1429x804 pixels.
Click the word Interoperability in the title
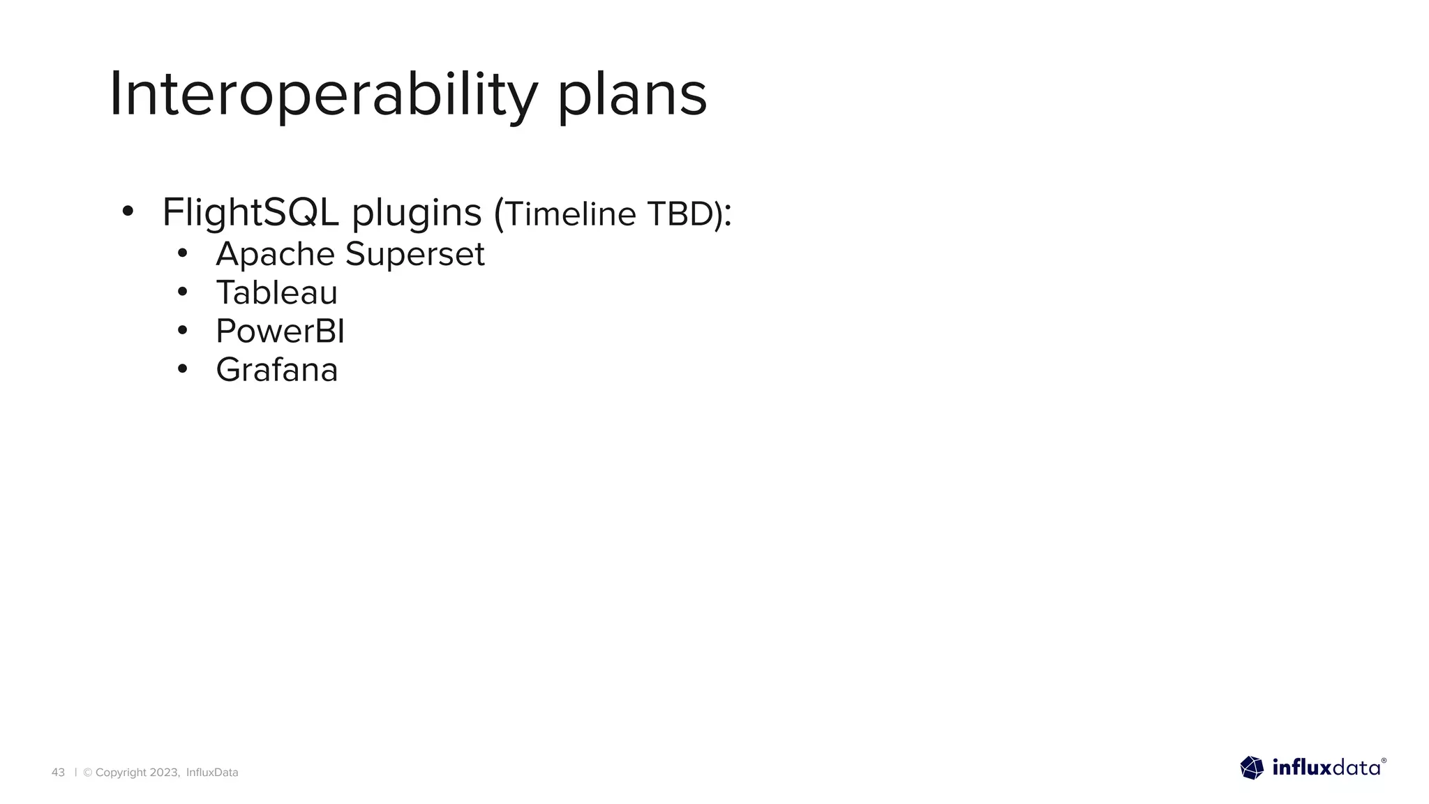coord(323,95)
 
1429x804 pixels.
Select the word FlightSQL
coord(250,212)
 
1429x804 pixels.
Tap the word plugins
coord(417,214)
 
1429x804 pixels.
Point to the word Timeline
coord(570,214)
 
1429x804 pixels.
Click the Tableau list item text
coord(276,292)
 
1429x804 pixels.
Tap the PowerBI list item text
coord(280,331)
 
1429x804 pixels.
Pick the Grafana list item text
coord(276,370)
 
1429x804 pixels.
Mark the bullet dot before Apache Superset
coord(182,253)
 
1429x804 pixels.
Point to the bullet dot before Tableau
coord(182,291)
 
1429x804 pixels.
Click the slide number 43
coord(58,773)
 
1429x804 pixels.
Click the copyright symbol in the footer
coord(88,773)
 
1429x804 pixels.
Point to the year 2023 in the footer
coord(165,773)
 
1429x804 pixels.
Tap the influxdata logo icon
coord(1252,768)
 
